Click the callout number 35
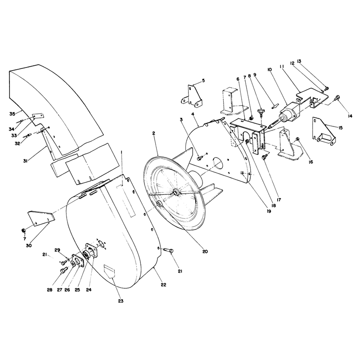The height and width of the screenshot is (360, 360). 12,113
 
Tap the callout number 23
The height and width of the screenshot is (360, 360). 121,301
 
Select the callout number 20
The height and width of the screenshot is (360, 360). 205,252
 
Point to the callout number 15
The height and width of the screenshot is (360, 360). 340,127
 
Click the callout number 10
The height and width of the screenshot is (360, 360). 269,69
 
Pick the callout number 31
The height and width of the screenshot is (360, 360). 25,161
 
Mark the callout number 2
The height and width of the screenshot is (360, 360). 153,133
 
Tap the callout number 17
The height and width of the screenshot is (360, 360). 279,200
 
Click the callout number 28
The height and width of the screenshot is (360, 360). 49,290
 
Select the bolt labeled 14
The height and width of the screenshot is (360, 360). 337,97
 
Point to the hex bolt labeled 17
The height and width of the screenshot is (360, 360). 264,157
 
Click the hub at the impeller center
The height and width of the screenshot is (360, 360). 176,193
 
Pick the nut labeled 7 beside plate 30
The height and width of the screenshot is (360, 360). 23,230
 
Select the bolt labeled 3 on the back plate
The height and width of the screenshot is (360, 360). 199,158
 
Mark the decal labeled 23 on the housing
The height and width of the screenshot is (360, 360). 109,271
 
